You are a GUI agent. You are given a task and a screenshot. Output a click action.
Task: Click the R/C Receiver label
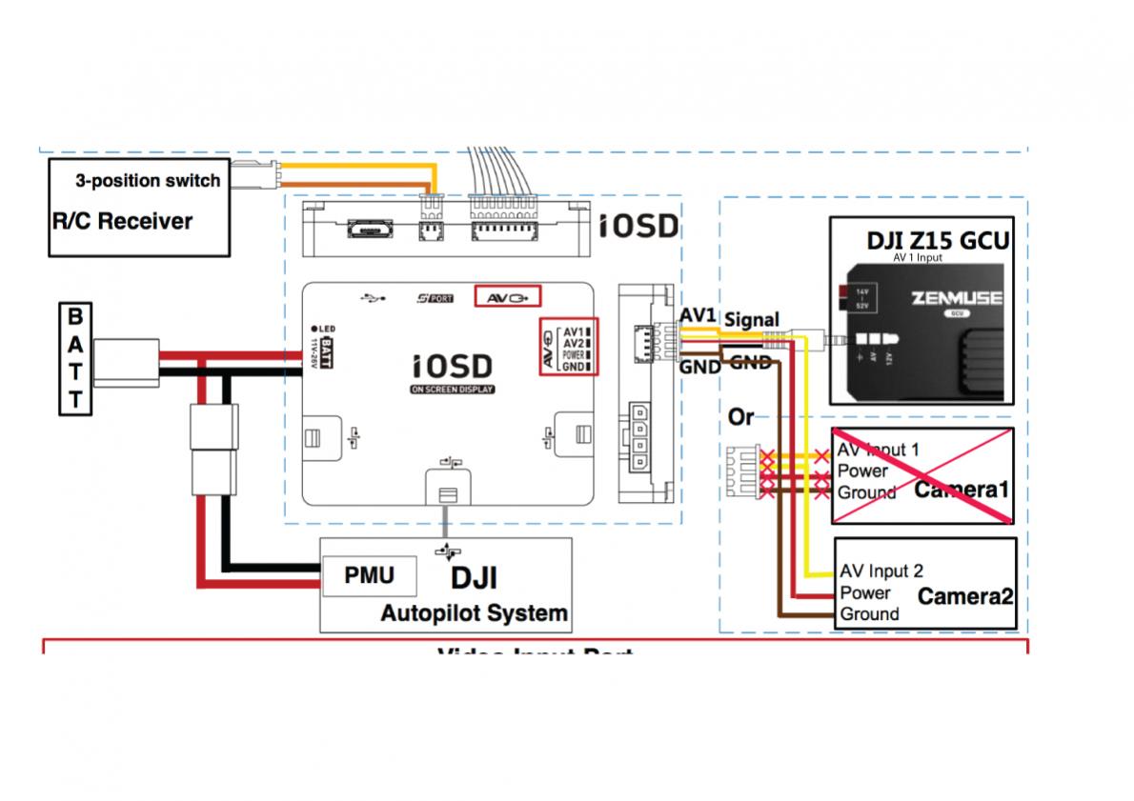(122, 222)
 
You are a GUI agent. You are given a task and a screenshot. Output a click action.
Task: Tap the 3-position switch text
(148, 180)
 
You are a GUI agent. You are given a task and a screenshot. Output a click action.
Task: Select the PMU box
(369, 576)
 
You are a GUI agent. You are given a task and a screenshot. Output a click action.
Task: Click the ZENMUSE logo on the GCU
(956, 297)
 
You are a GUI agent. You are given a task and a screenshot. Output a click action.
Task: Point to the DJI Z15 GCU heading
(937, 241)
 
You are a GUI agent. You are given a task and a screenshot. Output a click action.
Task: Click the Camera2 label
(964, 596)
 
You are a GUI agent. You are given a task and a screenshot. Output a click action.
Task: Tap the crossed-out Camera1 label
(961, 490)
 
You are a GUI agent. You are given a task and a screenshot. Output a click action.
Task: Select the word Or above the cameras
(741, 417)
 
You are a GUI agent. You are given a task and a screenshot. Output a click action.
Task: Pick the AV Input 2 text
(881, 571)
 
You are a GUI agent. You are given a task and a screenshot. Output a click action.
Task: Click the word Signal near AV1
(752, 319)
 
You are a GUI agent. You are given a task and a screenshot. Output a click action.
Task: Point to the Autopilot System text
(474, 613)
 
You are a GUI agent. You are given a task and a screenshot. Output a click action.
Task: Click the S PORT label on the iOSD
(435, 297)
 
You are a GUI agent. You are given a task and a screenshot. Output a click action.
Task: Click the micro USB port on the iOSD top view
(366, 231)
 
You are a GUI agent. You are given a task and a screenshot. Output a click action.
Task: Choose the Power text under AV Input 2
(865, 592)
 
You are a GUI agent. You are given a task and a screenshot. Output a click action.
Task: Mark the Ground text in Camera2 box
(869, 614)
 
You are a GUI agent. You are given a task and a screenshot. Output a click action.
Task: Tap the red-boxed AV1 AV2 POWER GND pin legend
(568, 347)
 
